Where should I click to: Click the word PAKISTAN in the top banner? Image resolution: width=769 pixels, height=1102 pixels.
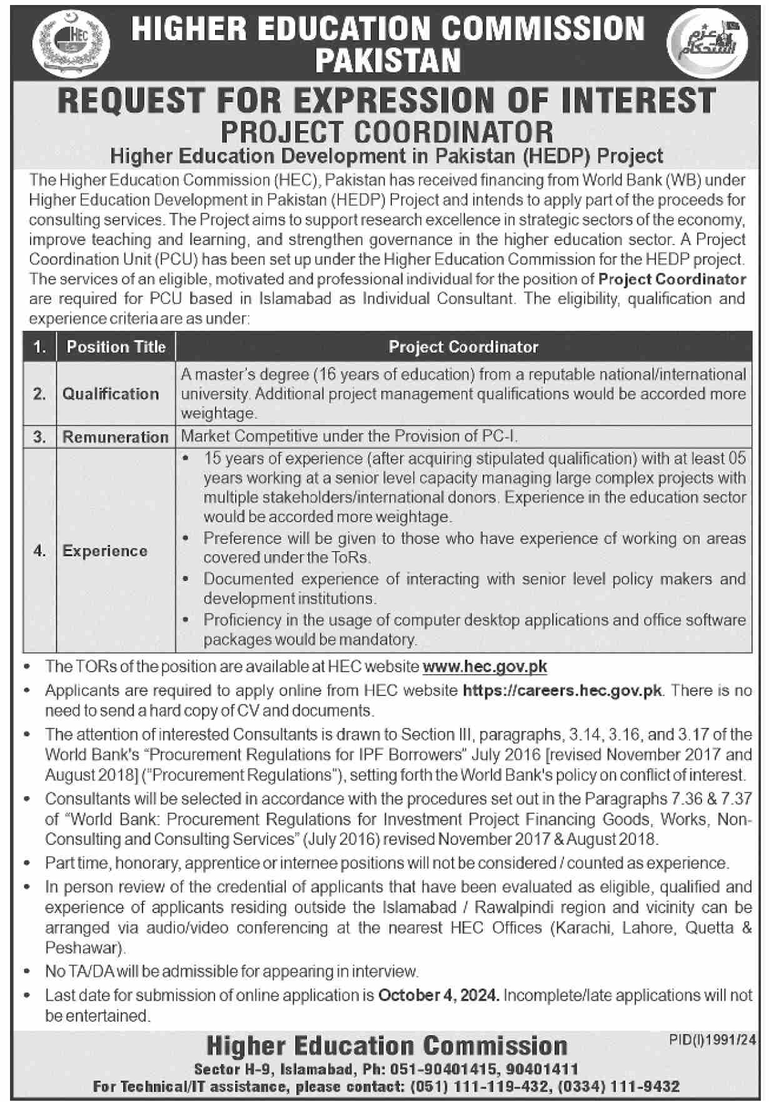pos(388,61)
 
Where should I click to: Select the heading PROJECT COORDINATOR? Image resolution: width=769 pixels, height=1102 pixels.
pos(388,132)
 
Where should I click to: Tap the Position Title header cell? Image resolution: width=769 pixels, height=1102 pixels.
pos(116,347)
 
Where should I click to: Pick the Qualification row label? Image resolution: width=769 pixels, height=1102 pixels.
pos(110,394)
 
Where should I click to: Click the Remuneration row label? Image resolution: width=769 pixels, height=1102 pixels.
pos(116,437)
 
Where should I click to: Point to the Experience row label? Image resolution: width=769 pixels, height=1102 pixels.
pos(105,551)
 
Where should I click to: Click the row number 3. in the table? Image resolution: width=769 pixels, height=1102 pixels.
pos(39,437)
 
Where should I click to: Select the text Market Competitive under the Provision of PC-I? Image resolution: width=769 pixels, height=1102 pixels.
pos(349,436)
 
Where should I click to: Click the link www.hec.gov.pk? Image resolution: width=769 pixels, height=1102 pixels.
pos(485,667)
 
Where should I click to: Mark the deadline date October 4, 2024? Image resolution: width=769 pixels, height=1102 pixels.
pos(439,994)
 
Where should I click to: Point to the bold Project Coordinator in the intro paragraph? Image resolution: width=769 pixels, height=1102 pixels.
pos(672,279)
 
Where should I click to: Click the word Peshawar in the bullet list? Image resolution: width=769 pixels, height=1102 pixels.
pos(83,948)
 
